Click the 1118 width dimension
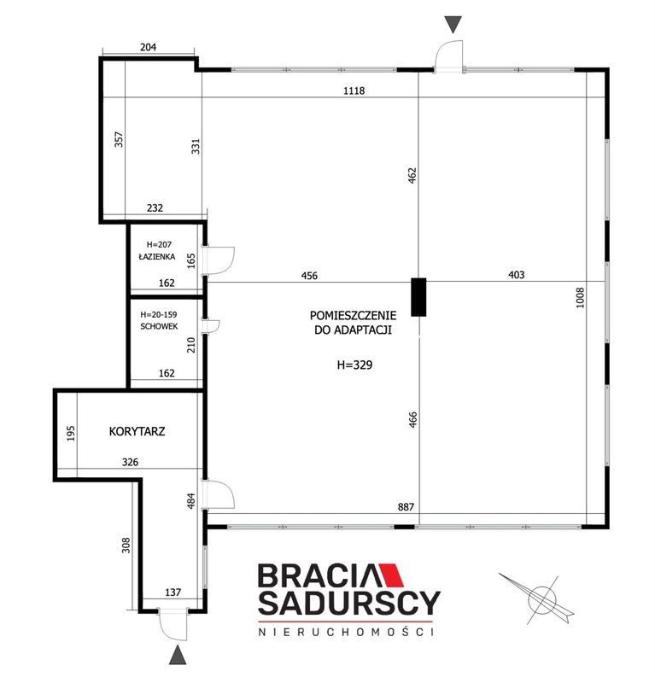click(x=354, y=90)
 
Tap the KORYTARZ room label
click(x=137, y=431)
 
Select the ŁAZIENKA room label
click(x=157, y=256)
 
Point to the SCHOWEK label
click(x=159, y=326)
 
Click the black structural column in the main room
click(x=418, y=296)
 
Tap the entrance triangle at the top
click(x=453, y=25)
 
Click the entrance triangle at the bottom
click(x=178, y=655)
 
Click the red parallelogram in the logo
click(x=390, y=575)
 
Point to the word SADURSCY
click(x=348, y=604)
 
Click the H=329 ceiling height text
click(x=354, y=365)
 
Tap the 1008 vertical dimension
click(x=580, y=297)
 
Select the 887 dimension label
click(x=406, y=506)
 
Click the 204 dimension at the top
click(x=149, y=47)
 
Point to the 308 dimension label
click(x=126, y=546)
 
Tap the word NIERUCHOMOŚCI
click(x=347, y=631)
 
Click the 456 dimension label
click(x=309, y=275)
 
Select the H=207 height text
click(x=159, y=245)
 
